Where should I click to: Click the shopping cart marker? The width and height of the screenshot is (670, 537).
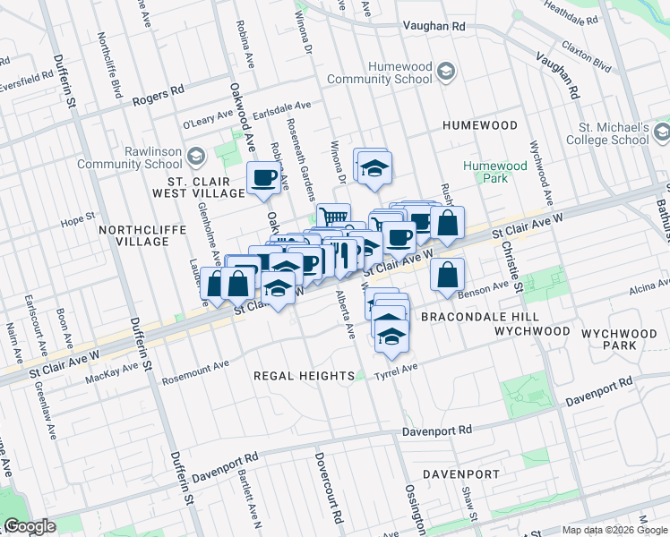point(333,216)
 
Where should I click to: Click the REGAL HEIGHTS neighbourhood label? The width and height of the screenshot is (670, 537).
point(296,375)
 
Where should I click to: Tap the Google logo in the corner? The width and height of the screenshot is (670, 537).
point(30,526)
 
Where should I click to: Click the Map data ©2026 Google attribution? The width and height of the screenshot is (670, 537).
point(614,530)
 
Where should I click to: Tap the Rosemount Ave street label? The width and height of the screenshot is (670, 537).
point(195,368)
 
